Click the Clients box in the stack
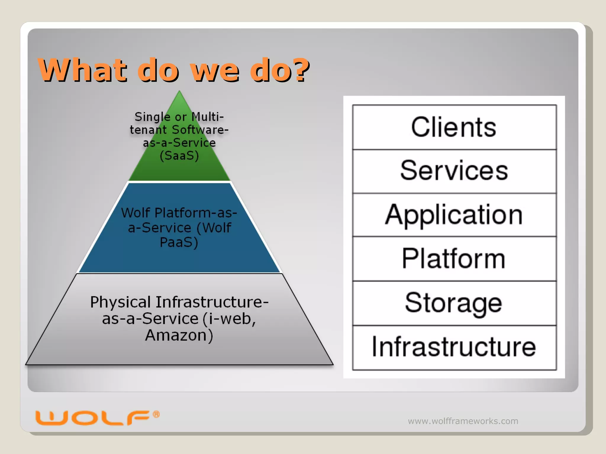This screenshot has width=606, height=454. pyautogui.click(x=454, y=127)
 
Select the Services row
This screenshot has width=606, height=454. pyautogui.click(x=454, y=171)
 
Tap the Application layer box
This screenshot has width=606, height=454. pyautogui.click(x=454, y=215)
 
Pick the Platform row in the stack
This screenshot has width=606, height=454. pyautogui.click(x=454, y=259)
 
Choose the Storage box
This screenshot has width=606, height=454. pyautogui.click(x=454, y=303)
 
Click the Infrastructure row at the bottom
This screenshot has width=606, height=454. pyautogui.click(x=454, y=347)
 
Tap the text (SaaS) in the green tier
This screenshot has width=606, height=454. pyautogui.click(x=179, y=156)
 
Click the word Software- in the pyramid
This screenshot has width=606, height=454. pyautogui.click(x=200, y=130)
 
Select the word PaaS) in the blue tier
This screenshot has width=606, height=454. pyautogui.click(x=179, y=243)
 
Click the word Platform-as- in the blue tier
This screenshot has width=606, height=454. pyautogui.click(x=196, y=213)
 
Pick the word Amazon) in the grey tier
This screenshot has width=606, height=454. pyautogui.click(x=179, y=336)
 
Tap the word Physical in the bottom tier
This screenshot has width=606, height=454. pyautogui.click(x=120, y=302)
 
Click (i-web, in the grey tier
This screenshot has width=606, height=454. pyautogui.click(x=230, y=319)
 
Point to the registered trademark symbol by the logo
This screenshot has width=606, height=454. pyautogui.click(x=156, y=414)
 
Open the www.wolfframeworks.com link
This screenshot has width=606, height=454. pyautogui.click(x=463, y=421)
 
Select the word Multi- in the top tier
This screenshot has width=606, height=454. pyautogui.click(x=207, y=117)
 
